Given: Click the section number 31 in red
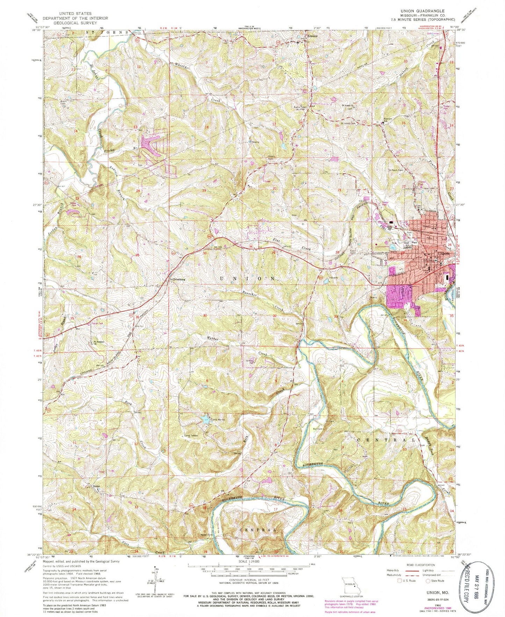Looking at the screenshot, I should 205,315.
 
